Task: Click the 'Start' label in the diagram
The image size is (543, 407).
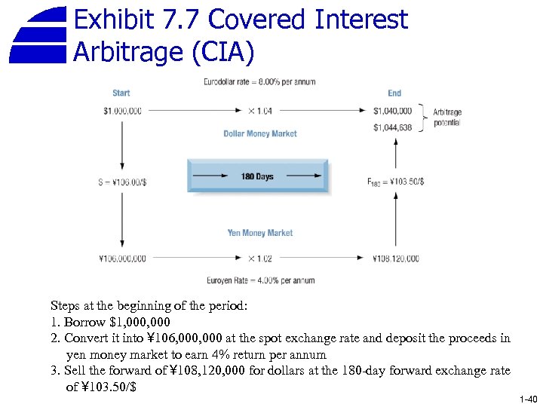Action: pos(121,93)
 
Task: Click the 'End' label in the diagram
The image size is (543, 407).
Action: pos(394,93)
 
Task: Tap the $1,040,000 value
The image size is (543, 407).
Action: pos(392,112)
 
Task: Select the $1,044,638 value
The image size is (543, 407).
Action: pos(392,127)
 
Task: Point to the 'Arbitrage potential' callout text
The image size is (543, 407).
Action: pos(447,117)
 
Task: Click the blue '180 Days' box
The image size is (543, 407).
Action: pos(258,176)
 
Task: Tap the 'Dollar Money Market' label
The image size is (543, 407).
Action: pos(260,133)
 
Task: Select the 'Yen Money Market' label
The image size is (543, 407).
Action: pos(260,233)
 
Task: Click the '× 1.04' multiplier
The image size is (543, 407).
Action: pos(260,112)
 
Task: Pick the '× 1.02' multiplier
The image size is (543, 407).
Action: pos(260,259)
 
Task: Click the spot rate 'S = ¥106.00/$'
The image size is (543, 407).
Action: pos(122,181)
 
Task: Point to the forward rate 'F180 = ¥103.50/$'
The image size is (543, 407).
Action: pos(395,181)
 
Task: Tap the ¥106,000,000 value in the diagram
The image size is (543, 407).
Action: pos(122,259)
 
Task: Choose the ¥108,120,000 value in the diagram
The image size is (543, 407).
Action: pos(396,259)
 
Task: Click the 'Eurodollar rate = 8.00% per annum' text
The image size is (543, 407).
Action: pos(259,81)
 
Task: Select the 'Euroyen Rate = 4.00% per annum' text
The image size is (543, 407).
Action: pos(260,280)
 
